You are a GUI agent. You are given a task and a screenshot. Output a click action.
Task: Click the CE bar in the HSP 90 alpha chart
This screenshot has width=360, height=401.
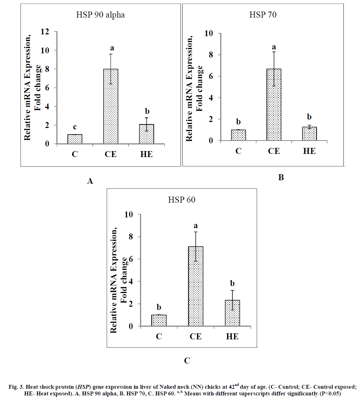tap(111, 106)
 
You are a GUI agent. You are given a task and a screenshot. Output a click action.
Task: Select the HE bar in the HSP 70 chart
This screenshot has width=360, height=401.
tap(310, 134)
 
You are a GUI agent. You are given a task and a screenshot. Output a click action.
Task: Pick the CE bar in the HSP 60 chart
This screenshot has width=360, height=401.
tap(196, 286)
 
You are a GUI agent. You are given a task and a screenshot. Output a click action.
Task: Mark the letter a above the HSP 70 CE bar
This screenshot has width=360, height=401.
tap(274, 47)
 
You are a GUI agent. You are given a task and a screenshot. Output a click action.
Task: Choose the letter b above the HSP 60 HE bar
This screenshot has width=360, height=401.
tap(232, 283)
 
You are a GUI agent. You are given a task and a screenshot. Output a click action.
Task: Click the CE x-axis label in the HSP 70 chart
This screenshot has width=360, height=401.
tap(274, 151)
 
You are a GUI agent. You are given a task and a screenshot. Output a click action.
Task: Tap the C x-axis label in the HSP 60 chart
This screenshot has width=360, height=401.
tap(159, 337)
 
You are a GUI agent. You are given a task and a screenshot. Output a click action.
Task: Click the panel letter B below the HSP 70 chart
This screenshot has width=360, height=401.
tap(281, 177)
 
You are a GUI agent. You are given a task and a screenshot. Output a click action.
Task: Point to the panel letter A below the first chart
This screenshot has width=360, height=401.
tap(90, 181)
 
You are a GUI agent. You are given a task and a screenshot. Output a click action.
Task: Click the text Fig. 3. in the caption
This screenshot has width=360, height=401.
tap(16, 387)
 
